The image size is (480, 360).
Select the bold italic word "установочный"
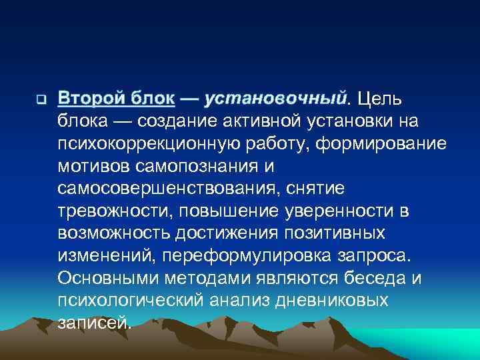point(276,99)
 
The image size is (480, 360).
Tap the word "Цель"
point(379,99)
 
